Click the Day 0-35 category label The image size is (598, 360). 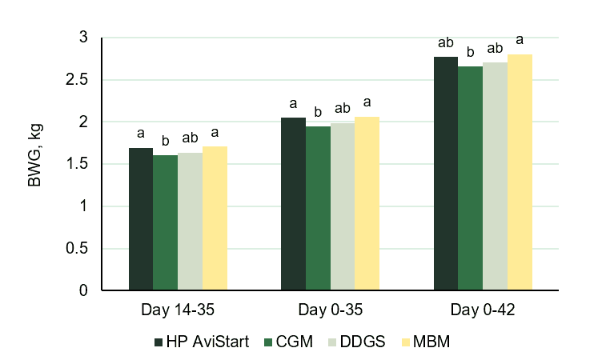[330, 309]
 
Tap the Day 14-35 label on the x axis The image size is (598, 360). [178, 309]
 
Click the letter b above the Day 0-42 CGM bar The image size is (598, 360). [471, 53]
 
